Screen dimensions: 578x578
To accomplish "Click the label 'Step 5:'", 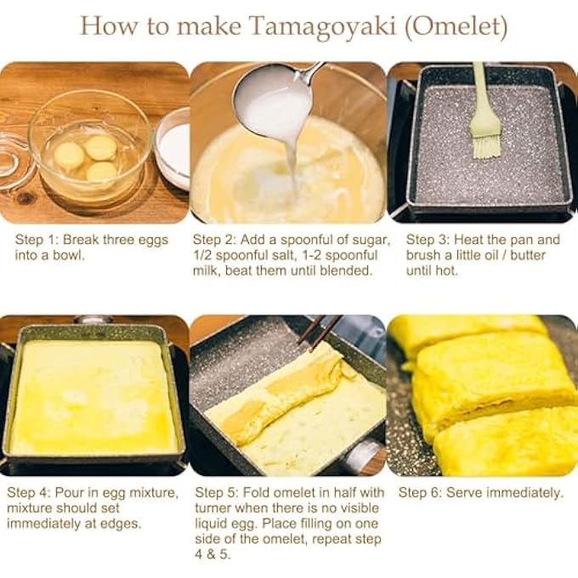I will (x=219, y=493).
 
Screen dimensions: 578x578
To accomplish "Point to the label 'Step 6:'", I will (x=423, y=493).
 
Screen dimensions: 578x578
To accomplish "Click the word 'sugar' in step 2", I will (x=371, y=240).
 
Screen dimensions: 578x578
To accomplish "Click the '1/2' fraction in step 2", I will (x=205, y=255).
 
